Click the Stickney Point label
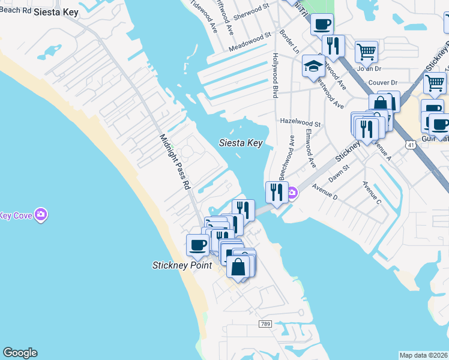pyautogui.click(x=181, y=265)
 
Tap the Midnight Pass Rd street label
pyautogui.click(x=175, y=162)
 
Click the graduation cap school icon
pyautogui.click(x=313, y=67)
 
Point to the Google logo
pyautogui.click(x=20, y=353)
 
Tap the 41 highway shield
pyautogui.click(x=409, y=145)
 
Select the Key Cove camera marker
pyautogui.click(x=41, y=214)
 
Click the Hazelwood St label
pyautogui.click(x=301, y=121)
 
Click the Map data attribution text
pyautogui.click(x=423, y=355)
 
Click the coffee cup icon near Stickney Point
pyautogui.click(x=198, y=244)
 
